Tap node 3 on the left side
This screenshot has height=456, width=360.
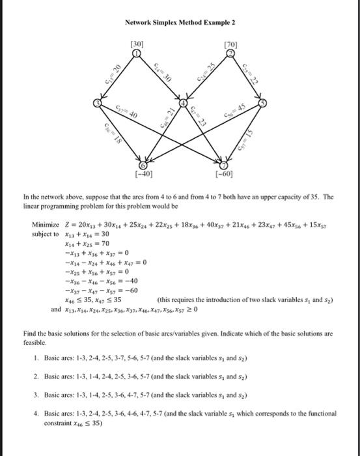[x=97, y=104]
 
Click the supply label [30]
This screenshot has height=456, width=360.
[x=137, y=44]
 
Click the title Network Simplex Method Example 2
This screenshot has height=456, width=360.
[x=180, y=22]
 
